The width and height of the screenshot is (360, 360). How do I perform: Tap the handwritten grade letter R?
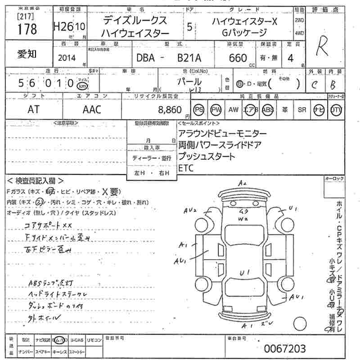point(322,46)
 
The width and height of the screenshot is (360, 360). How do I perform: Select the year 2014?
point(67,58)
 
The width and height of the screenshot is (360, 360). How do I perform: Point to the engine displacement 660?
point(238,58)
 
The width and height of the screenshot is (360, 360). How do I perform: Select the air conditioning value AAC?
point(92,109)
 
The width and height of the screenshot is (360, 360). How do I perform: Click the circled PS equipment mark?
point(199,110)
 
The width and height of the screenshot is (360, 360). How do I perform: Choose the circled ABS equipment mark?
point(268,110)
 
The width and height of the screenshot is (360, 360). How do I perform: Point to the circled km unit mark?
point(82,85)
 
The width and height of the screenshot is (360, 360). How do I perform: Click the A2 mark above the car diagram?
point(243,183)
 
